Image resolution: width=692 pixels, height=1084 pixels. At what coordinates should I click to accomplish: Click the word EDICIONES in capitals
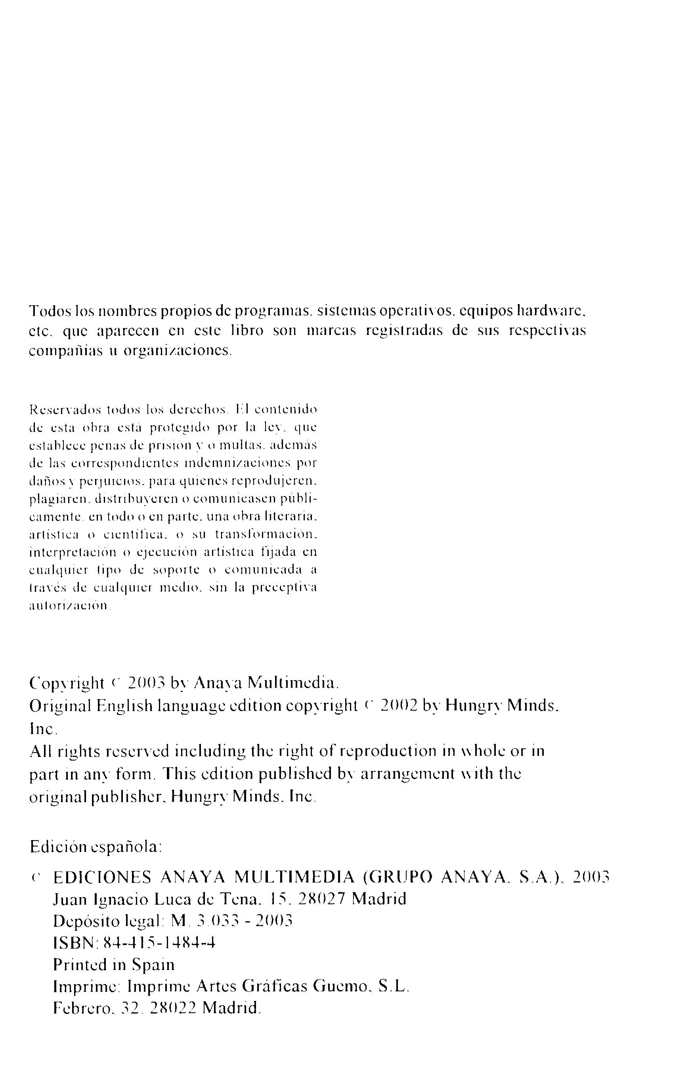(x=102, y=877)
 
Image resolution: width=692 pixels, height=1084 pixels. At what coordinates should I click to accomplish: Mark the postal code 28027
(x=322, y=899)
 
